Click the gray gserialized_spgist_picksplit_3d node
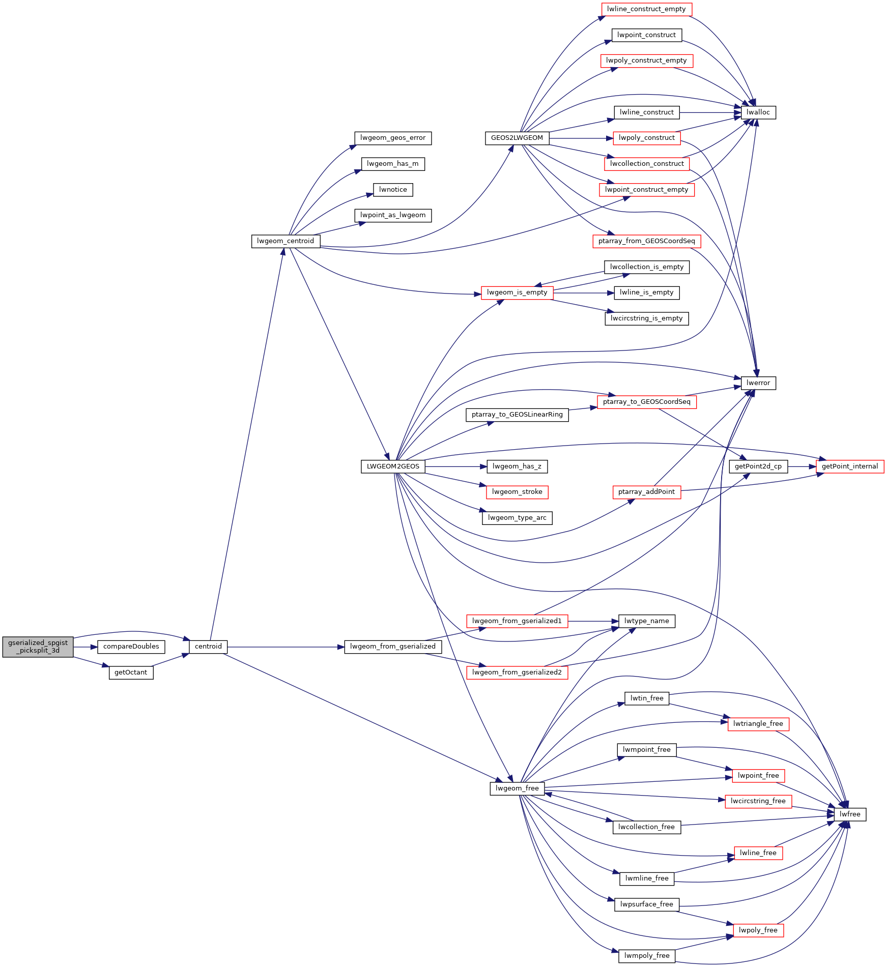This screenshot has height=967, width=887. coord(38,647)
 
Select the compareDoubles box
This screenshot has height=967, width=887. coord(131,647)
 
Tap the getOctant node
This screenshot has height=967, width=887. coord(131,672)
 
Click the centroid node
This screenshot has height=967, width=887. coord(208,647)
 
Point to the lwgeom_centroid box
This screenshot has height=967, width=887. coord(285,241)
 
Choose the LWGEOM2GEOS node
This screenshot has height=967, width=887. coord(393,466)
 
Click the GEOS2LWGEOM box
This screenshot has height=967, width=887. coord(517,138)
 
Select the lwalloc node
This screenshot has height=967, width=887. coord(758,112)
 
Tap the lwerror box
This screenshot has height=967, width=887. coord(758,383)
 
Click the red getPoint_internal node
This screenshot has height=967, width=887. coord(850,466)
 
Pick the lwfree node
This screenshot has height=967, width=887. coord(850,814)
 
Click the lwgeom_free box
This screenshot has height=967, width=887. coord(517,788)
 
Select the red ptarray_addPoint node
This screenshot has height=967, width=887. coord(646,492)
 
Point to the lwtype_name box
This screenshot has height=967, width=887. coord(646,621)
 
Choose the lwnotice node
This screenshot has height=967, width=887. coord(393,190)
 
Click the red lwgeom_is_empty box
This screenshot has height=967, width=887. coord(517,292)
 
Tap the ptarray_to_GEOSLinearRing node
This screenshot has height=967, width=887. coord(517,415)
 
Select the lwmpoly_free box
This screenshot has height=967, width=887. coord(646,956)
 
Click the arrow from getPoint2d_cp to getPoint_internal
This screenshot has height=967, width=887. coord(802,466)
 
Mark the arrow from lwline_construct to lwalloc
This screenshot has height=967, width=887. coord(710,112)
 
